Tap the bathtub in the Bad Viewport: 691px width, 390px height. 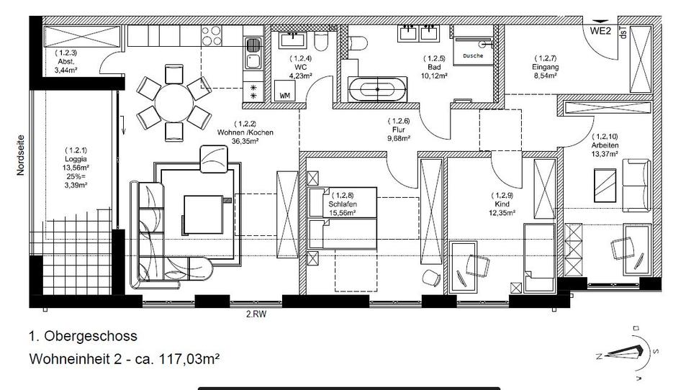[377, 90]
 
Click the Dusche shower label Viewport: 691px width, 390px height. [473, 55]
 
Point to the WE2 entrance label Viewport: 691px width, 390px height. [602, 31]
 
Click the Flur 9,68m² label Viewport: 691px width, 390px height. [398, 130]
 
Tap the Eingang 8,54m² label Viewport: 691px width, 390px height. [546, 67]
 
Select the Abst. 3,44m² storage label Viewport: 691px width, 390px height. [66, 61]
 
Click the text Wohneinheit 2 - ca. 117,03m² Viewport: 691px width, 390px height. [124, 358]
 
